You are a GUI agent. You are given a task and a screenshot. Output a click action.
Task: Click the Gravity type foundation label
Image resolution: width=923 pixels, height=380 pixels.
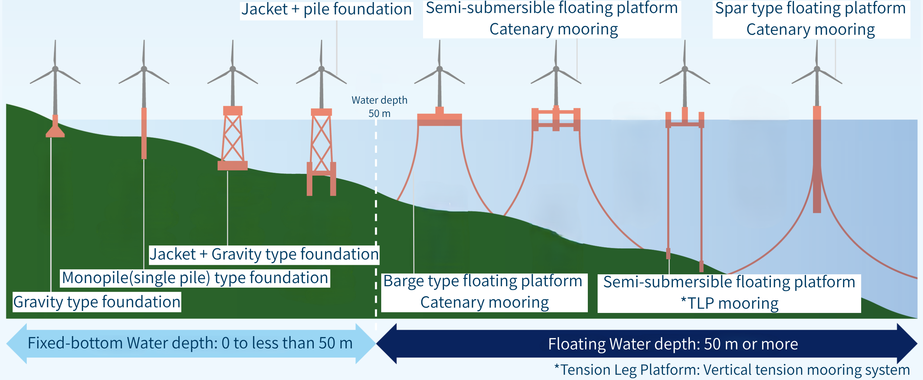click(x=97, y=302)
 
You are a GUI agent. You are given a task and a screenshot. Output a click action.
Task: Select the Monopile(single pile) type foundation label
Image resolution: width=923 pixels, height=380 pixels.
click(x=195, y=278)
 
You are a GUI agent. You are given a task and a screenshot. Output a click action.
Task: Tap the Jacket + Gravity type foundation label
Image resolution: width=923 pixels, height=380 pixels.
click(x=264, y=254)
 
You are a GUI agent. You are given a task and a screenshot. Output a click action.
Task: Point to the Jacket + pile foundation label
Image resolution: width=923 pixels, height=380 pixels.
click(x=326, y=9)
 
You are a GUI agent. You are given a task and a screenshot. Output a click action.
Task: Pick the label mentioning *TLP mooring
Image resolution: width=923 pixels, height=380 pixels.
click(x=729, y=293)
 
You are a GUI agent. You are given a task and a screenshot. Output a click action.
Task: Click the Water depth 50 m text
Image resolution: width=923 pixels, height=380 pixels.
click(x=379, y=107)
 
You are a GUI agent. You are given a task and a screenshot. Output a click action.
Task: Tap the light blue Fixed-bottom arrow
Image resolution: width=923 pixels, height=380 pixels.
click(x=191, y=343)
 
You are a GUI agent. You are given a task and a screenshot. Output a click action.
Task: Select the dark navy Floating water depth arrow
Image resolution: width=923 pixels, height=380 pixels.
click(x=646, y=344)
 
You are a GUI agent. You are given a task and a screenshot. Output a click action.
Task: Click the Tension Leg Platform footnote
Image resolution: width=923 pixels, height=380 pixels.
click(x=732, y=370)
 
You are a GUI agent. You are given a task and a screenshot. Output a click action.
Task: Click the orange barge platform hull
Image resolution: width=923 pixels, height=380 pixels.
click(x=440, y=117)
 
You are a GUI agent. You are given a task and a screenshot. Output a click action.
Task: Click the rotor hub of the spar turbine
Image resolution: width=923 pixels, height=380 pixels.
click(x=817, y=69)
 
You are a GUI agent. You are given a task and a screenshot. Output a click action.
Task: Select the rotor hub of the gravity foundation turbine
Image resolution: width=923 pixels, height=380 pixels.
click(x=55, y=69)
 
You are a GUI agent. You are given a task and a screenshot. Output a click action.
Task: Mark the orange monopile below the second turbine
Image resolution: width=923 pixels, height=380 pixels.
click(x=144, y=133)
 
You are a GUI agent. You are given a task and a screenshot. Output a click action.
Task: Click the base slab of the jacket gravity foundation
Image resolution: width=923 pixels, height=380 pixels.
click(x=233, y=165)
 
